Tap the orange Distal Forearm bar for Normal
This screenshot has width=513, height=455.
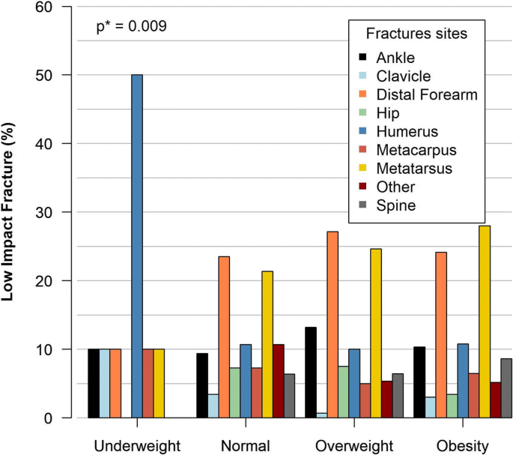coord(224,337)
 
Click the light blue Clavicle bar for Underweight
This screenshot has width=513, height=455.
coord(104,383)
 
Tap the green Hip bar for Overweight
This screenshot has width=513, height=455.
coord(343,392)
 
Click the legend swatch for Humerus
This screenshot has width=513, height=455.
coord(363,130)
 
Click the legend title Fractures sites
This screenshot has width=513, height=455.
coord(417,34)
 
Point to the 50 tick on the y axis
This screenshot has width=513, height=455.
coord(57,75)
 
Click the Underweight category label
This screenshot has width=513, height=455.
coord(137,445)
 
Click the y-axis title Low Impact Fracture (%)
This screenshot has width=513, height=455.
coord(10,212)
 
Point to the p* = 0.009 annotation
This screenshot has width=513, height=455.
coord(132,27)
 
